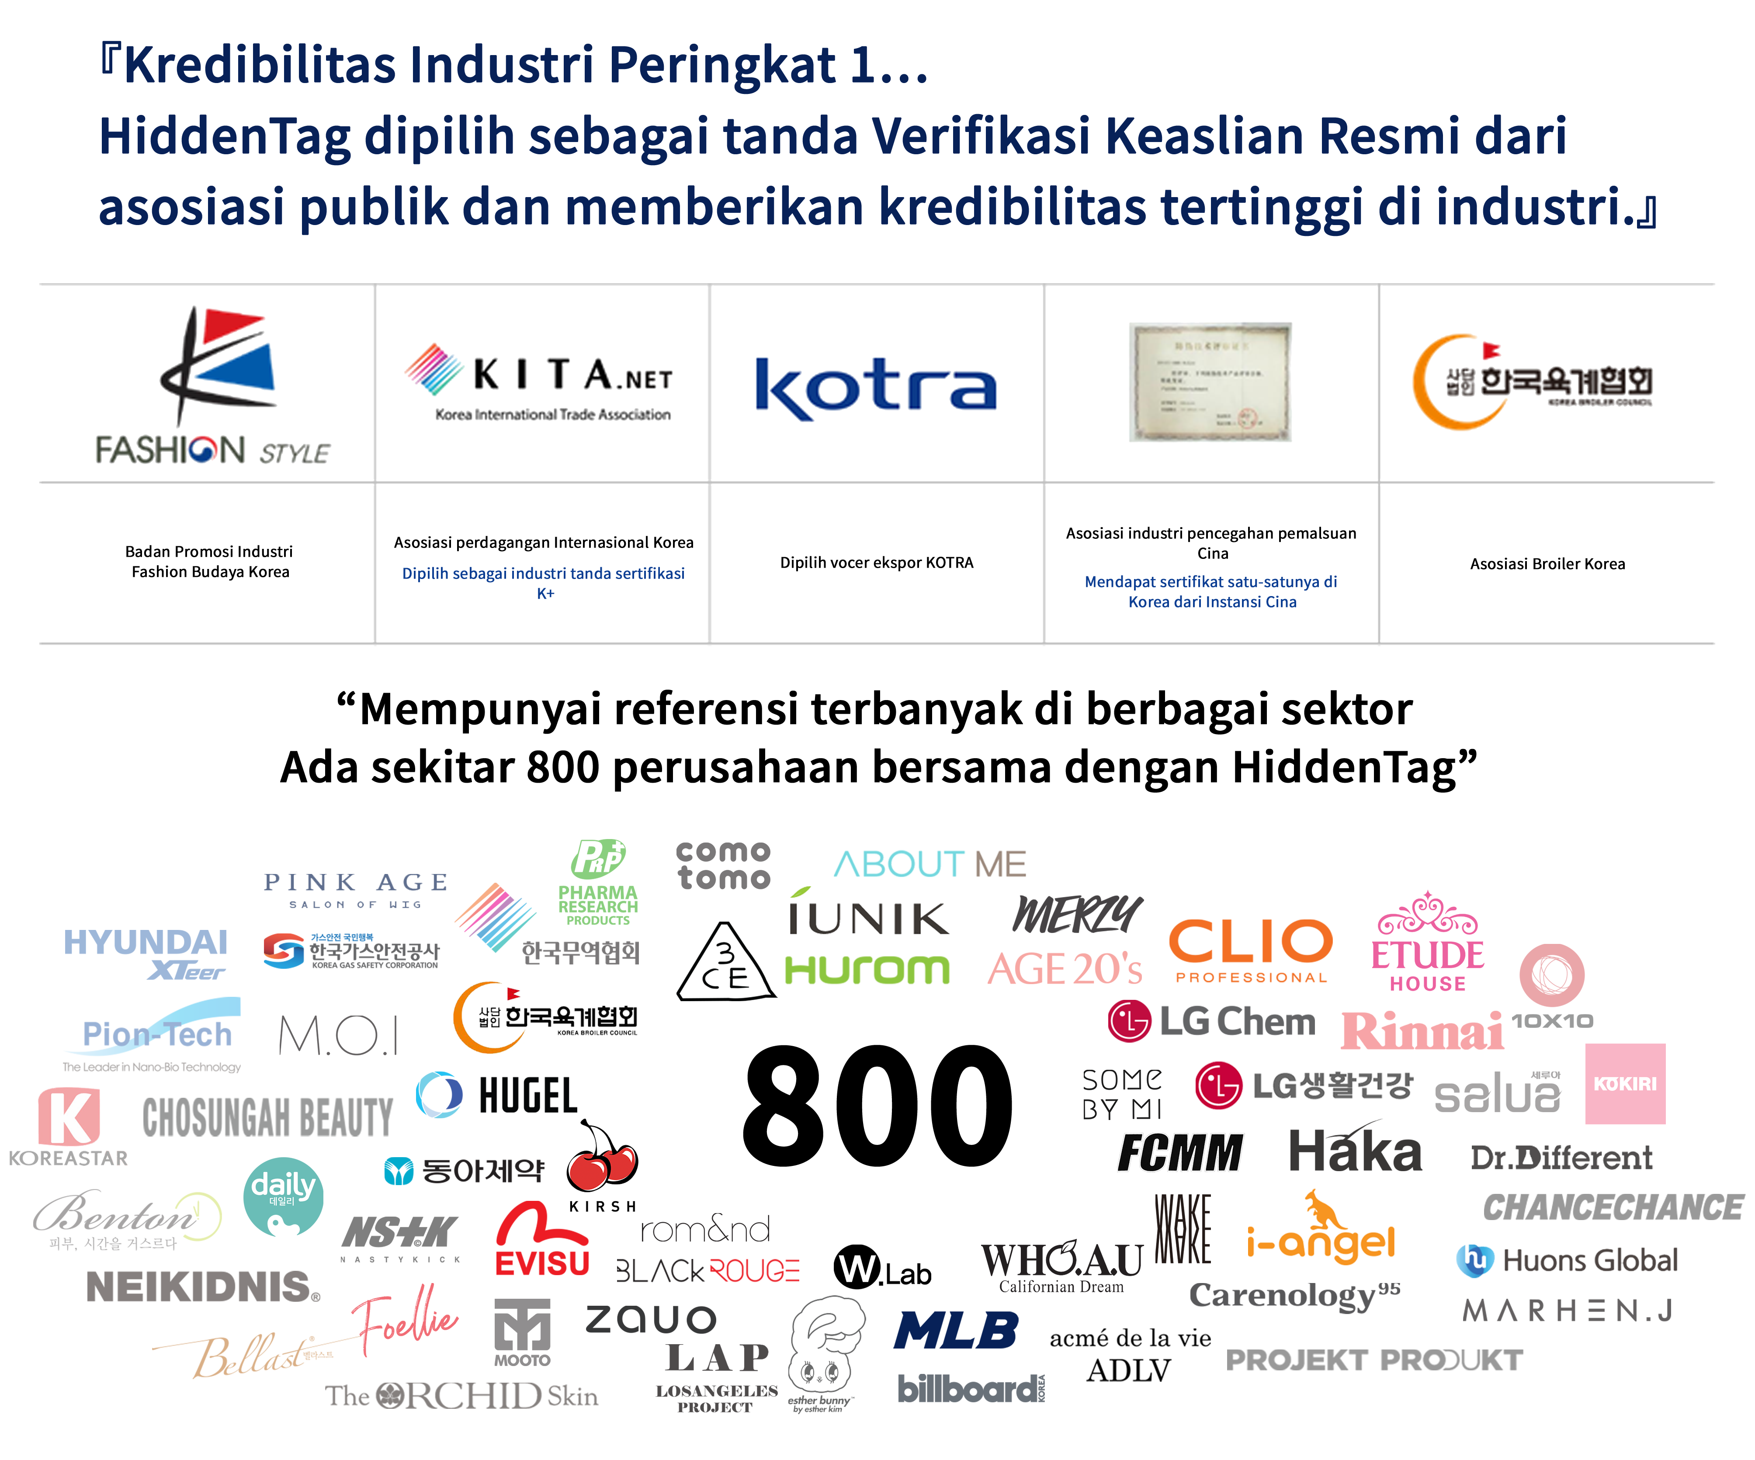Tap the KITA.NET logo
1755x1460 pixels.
click(543, 385)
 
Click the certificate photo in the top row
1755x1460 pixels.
click(1210, 382)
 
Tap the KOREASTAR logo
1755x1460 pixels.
click(69, 1127)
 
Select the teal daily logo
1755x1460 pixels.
click(282, 1196)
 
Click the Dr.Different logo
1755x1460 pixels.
click(1561, 1158)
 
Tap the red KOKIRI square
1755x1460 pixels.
click(1625, 1083)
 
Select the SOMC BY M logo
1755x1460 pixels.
click(1121, 1093)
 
